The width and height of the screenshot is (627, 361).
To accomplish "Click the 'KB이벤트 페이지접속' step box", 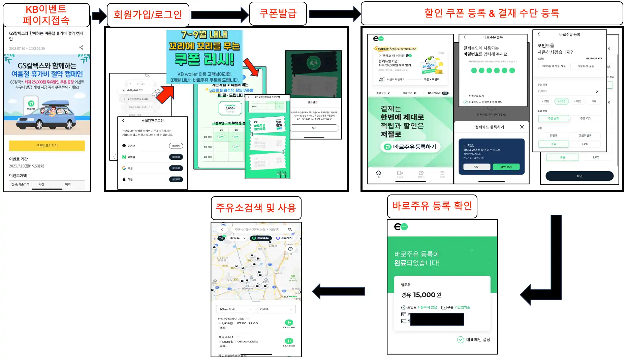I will [46, 15].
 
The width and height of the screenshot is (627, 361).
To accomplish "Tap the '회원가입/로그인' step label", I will [148, 15].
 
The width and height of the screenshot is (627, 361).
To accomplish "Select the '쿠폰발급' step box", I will [278, 13].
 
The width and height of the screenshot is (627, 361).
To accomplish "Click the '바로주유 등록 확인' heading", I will [432, 206].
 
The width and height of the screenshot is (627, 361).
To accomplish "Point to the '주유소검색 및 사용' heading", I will [256, 208].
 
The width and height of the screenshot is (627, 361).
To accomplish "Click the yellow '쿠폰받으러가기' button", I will [47, 146].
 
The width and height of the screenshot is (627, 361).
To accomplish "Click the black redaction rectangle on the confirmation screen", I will [437, 319].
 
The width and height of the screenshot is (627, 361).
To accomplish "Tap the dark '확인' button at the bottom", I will [579, 176].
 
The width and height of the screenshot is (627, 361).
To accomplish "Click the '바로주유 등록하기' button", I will [411, 147].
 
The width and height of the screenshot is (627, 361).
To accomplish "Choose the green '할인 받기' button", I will [506, 167].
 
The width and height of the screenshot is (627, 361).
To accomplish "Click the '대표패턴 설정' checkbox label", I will [478, 339].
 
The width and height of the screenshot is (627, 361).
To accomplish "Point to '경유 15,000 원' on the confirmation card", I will [421, 295].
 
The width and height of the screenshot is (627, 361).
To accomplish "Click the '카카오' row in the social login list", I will [131, 146].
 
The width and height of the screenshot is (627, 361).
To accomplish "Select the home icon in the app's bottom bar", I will [378, 173].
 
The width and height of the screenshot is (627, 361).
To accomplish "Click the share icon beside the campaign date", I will [81, 48].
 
